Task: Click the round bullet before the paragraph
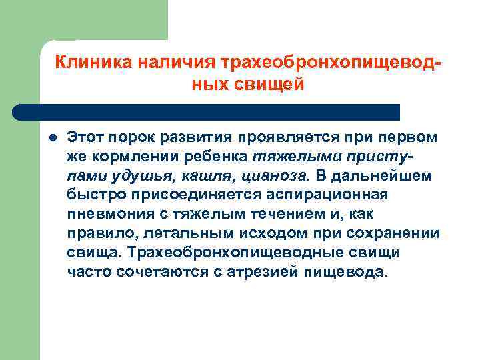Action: click(x=51, y=138)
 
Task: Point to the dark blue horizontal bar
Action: click(x=207, y=111)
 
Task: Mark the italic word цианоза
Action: click(x=273, y=176)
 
